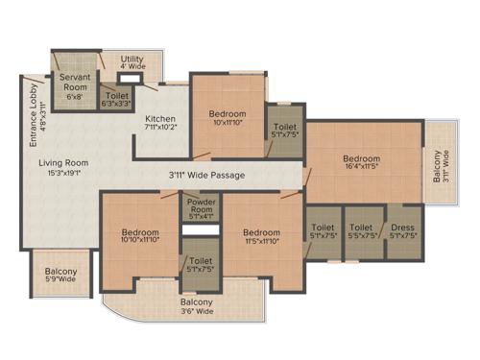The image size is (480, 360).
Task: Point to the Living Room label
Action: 63,163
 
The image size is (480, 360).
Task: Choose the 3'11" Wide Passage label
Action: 206,176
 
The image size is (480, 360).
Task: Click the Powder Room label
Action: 201,206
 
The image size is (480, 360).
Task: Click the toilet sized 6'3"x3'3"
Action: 115,97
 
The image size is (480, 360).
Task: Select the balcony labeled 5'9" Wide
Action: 62,276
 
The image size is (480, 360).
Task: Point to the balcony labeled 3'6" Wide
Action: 196,306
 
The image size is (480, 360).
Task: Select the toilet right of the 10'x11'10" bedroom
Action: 284,131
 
